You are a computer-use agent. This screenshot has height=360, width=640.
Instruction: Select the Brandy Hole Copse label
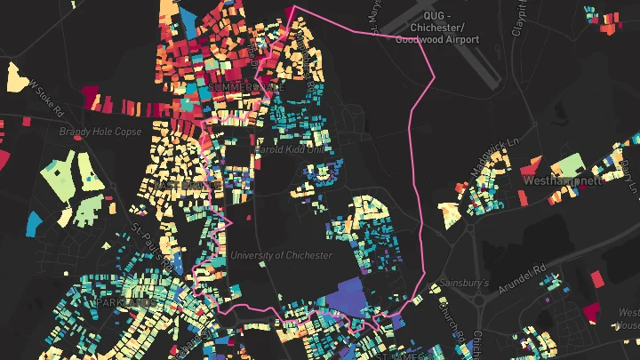100,132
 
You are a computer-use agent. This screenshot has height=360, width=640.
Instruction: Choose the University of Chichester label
280,255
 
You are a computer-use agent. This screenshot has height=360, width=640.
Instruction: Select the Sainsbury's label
464,283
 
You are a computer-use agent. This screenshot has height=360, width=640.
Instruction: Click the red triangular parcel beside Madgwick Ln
530,166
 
